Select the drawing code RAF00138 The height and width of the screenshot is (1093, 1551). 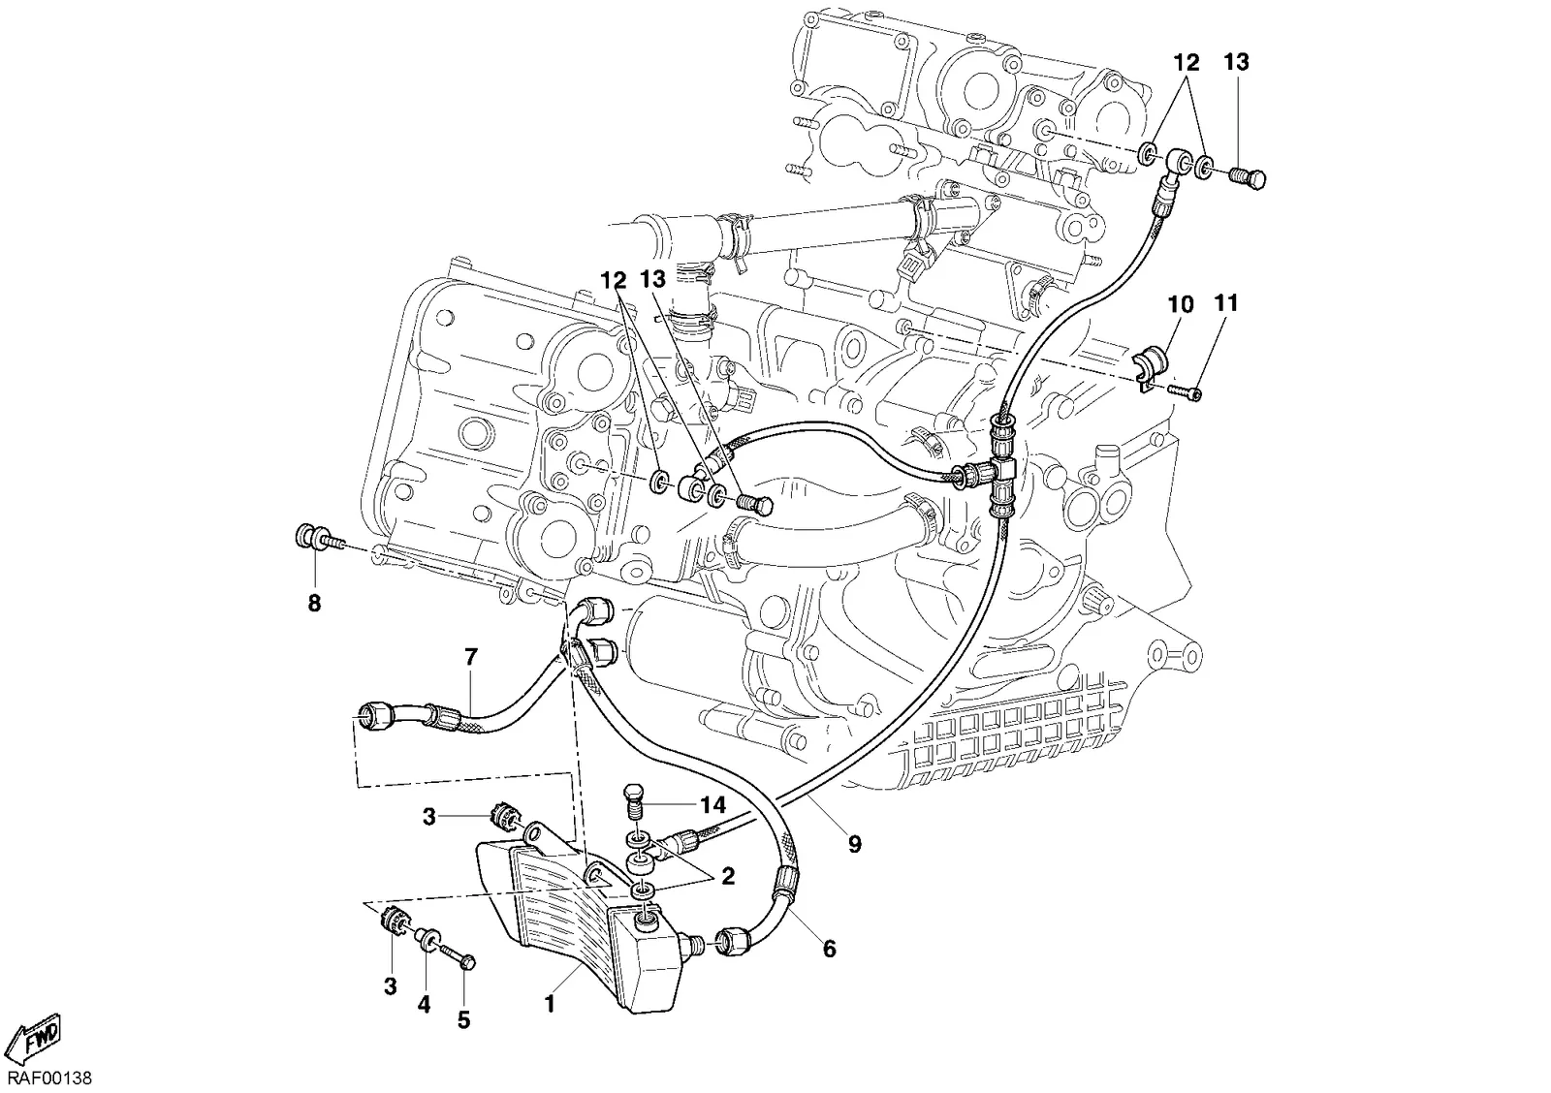[x=49, y=1078]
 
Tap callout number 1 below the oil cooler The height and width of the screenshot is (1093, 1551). [x=550, y=1005]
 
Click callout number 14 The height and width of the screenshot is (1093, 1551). [x=713, y=805]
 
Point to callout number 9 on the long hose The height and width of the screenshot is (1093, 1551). [x=854, y=845]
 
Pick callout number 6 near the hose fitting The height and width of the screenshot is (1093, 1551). [x=829, y=949]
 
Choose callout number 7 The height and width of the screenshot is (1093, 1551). [x=471, y=657]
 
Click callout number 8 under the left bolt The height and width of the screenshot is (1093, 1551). [x=314, y=604]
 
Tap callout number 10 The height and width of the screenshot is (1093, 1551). [x=1182, y=304]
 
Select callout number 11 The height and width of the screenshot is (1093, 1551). [x=1225, y=303]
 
